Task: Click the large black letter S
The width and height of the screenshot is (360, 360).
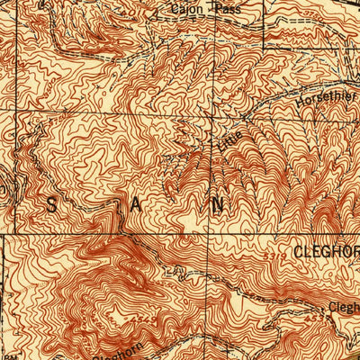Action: point(50,206)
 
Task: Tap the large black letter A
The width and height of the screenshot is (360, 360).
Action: point(136,206)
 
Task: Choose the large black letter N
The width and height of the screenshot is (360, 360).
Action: point(217,206)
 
